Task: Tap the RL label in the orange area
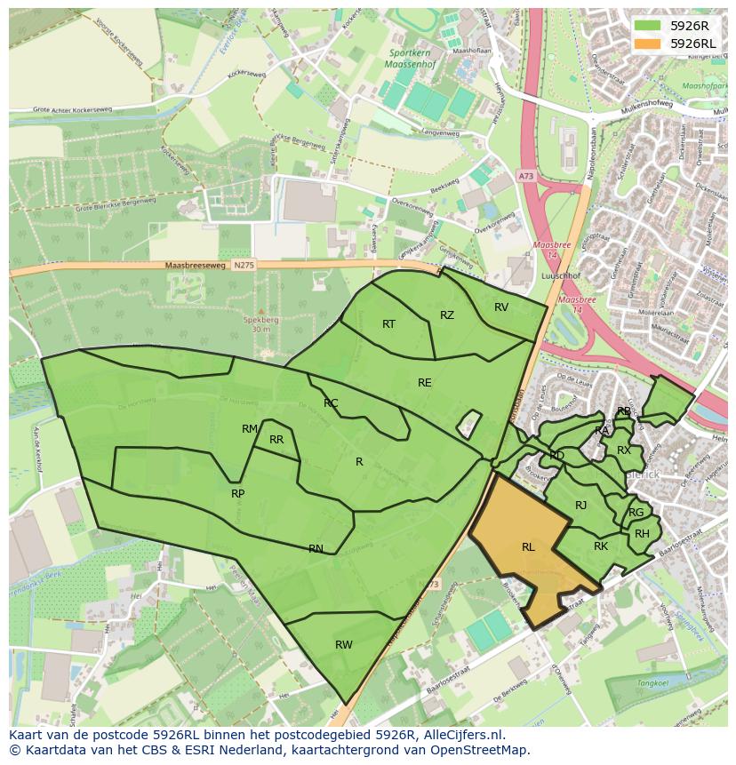tap(528, 547)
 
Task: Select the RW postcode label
tap(344, 645)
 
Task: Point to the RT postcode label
tap(388, 324)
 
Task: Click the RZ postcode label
tap(447, 315)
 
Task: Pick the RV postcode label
tap(501, 307)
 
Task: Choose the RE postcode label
tap(425, 383)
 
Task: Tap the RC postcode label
tap(331, 403)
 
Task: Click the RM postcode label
tap(250, 429)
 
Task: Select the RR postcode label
tap(276, 440)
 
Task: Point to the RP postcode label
tap(237, 494)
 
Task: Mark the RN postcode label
tap(316, 549)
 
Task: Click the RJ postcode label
tap(581, 506)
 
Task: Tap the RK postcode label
tap(601, 546)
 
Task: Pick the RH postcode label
tap(642, 534)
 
